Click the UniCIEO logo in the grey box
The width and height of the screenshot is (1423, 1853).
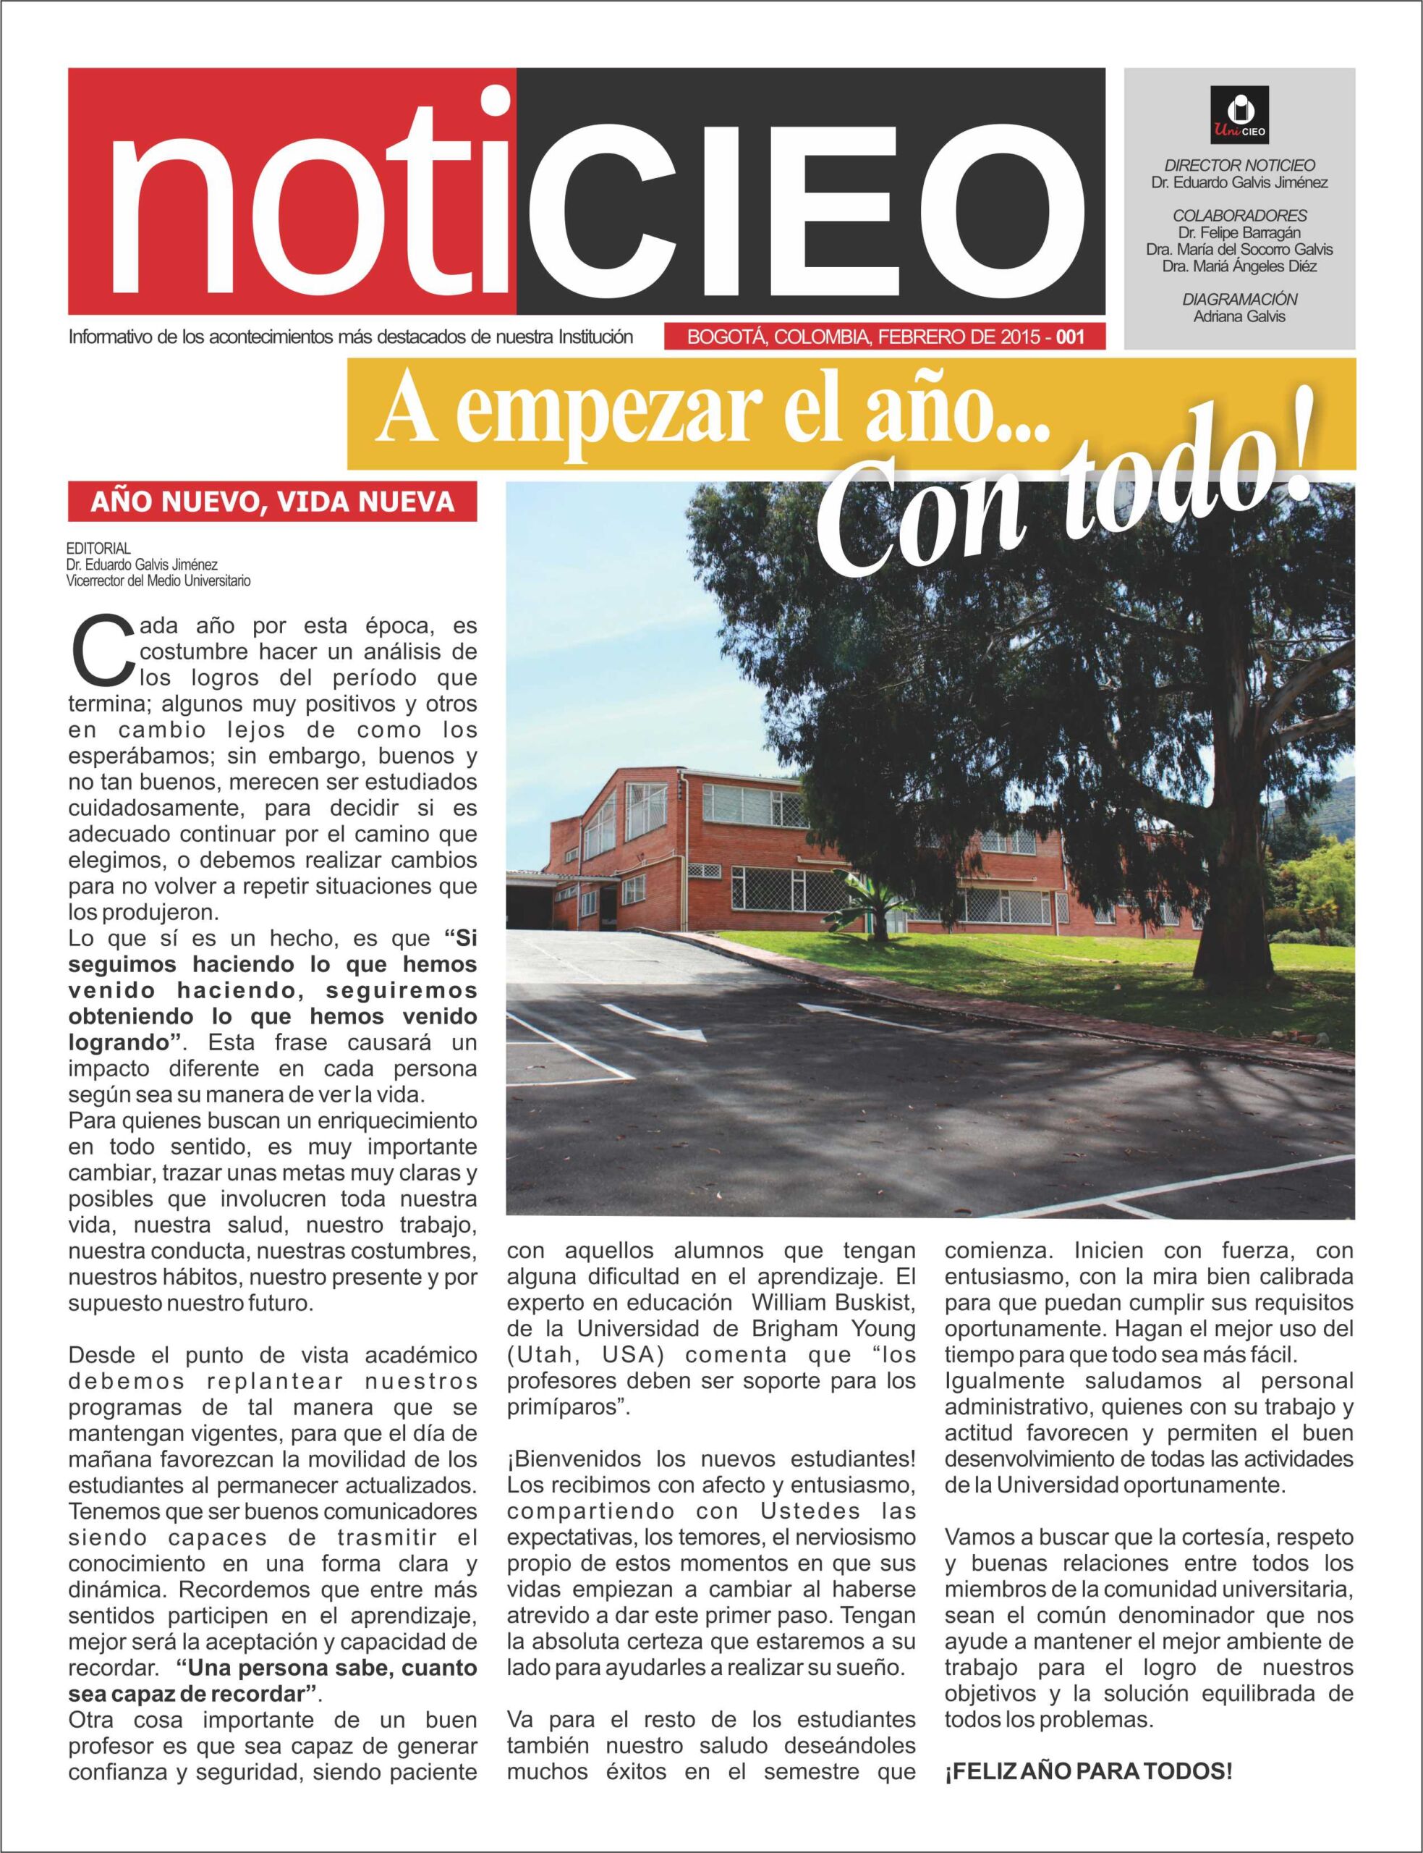click(1239, 114)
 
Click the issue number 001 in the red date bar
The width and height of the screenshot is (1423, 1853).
click(1069, 337)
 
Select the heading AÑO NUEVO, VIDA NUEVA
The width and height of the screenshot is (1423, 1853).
click(272, 502)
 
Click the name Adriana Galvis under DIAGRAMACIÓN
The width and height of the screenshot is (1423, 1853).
click(1239, 316)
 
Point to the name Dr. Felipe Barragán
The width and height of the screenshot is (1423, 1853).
click(1239, 232)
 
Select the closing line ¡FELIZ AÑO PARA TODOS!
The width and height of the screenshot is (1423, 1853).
click(1089, 1772)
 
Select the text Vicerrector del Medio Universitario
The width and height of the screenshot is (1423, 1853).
click(158, 581)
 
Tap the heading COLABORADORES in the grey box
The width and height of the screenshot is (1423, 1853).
click(1239, 215)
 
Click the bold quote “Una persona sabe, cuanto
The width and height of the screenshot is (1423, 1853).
click(327, 1668)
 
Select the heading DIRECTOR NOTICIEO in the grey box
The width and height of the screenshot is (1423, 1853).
click(1239, 165)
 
